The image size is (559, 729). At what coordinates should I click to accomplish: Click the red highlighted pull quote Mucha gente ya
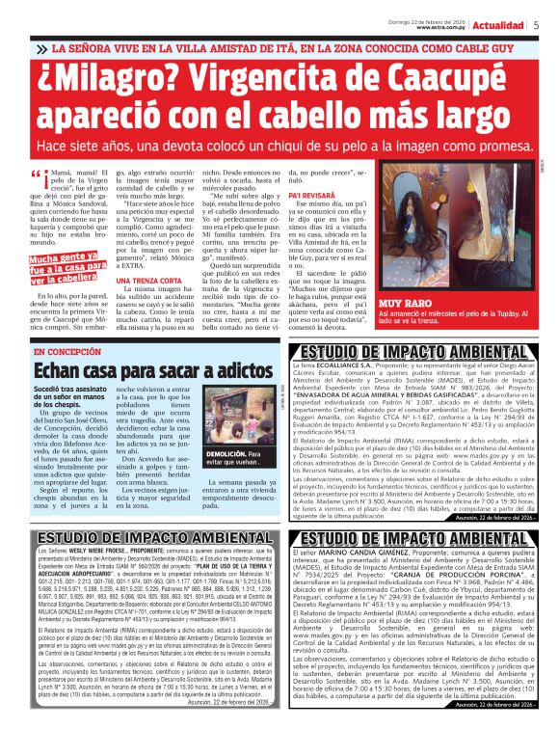[67, 267]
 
